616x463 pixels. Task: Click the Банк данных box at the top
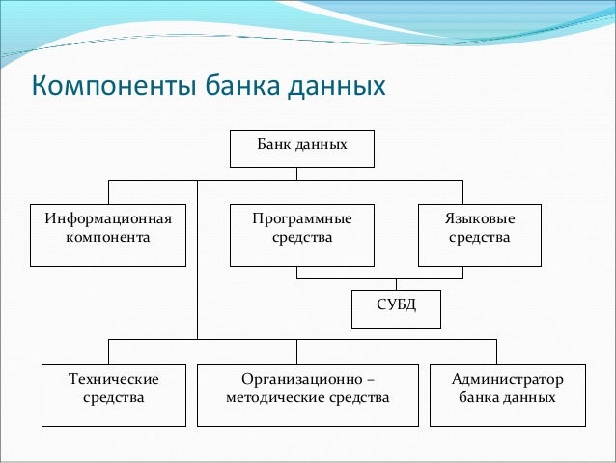click(x=301, y=148)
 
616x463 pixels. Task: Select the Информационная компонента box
click(x=107, y=235)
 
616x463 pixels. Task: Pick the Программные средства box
click(x=301, y=235)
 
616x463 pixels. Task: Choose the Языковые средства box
click(x=480, y=235)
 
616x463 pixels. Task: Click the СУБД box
click(x=395, y=309)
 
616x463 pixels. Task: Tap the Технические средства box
click(x=114, y=395)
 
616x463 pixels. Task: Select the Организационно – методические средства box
click(x=307, y=395)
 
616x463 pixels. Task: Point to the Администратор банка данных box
click(x=507, y=395)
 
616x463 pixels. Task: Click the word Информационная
click(x=107, y=218)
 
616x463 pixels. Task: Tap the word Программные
click(x=301, y=218)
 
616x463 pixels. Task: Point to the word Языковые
click(x=480, y=218)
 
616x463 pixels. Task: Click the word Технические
click(x=114, y=379)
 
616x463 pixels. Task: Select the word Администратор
click(x=507, y=379)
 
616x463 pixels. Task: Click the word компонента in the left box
click(x=107, y=236)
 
